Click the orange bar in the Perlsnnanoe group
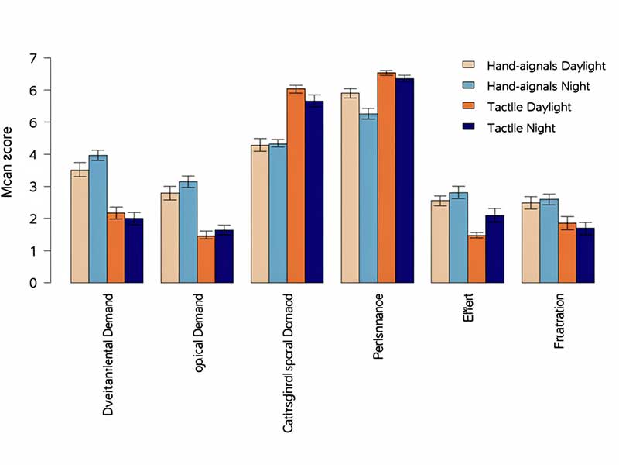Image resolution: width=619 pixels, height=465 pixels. [385, 178]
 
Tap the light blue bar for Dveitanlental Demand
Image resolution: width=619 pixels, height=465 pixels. [97, 219]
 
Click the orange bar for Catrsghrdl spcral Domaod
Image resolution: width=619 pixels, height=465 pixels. [296, 186]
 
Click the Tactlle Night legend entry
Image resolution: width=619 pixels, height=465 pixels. [510, 127]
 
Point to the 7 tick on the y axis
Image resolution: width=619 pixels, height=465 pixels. [33, 58]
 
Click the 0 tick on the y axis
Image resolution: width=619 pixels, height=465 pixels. [33, 283]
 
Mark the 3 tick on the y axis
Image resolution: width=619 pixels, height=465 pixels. [33, 187]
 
